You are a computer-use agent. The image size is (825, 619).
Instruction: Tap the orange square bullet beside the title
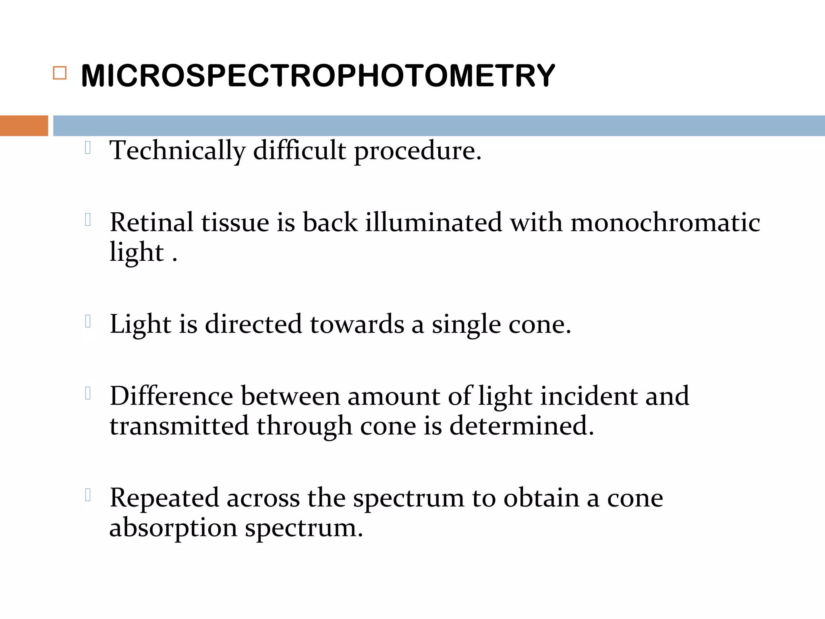point(60,73)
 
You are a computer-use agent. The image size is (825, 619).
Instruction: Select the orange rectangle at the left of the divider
point(24,126)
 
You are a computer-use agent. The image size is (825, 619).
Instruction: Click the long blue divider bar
point(439,126)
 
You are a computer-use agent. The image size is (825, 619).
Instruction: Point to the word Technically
point(177,151)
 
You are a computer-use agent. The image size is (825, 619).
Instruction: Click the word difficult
point(299,151)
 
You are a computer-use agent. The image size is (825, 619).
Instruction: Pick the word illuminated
point(433,222)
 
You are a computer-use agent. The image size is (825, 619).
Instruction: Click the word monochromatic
point(665,222)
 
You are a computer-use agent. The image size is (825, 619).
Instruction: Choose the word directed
point(253,324)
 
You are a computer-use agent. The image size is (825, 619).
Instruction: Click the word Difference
point(171,396)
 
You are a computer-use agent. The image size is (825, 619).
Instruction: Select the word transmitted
point(179,426)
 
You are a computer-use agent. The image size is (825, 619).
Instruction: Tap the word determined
point(521,426)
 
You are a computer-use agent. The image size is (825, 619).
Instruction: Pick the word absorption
point(173,528)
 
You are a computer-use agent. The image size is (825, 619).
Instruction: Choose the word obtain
point(541,498)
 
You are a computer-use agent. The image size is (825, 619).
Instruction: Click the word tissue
point(235,222)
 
